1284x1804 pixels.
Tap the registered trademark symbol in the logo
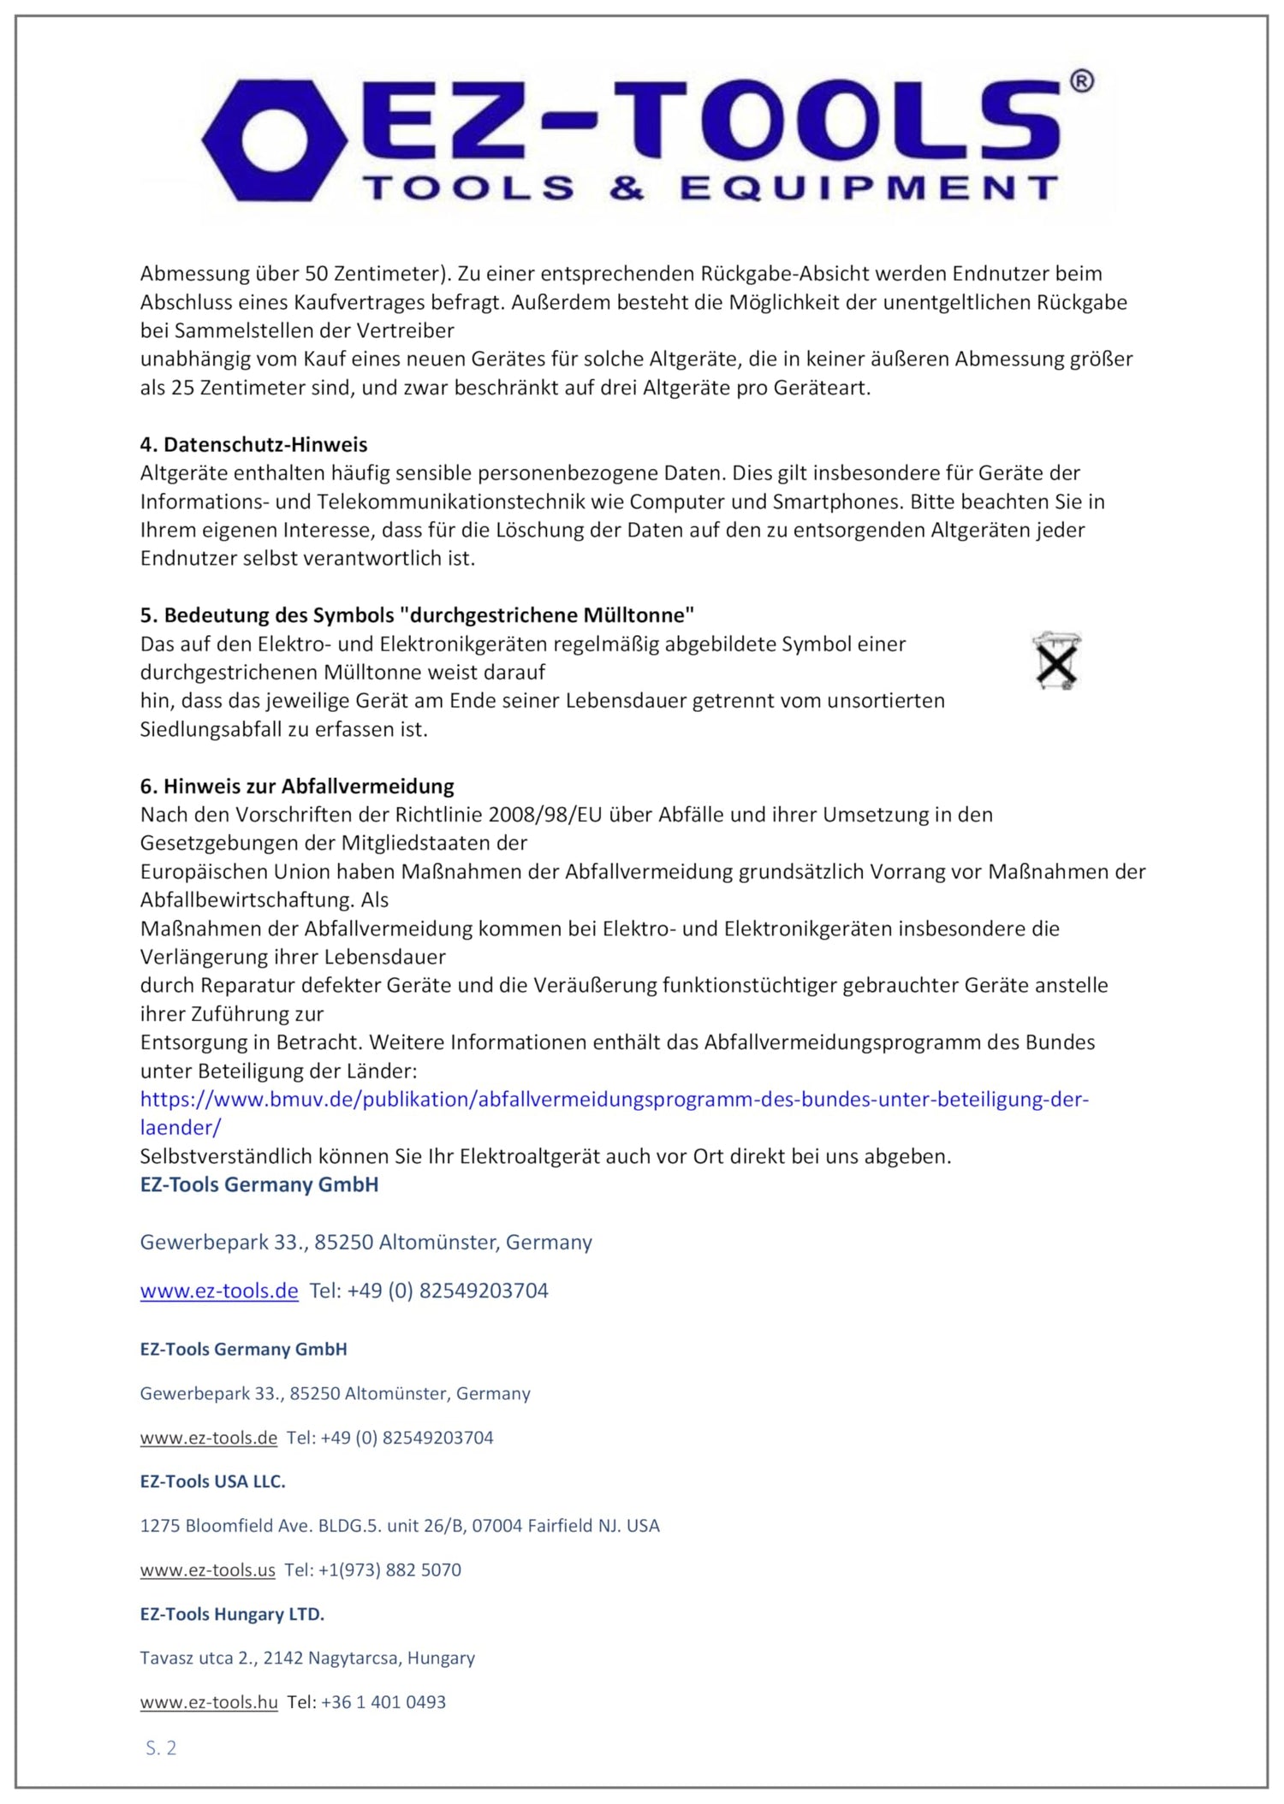[x=1081, y=81]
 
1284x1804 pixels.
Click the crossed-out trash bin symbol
[x=1057, y=662]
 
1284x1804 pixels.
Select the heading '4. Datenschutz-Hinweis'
[x=253, y=444]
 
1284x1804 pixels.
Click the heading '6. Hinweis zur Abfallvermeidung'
[x=297, y=786]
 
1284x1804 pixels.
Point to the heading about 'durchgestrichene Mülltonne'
[x=417, y=614]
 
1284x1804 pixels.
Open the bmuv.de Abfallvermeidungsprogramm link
[x=614, y=1099]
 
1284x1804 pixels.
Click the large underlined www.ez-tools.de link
[x=219, y=1291]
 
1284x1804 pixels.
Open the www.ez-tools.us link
[x=208, y=1570]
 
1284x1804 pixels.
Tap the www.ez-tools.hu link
[x=209, y=1702]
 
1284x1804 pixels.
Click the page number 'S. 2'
[x=161, y=1748]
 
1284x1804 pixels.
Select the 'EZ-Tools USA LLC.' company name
[x=213, y=1481]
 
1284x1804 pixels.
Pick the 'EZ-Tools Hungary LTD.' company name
[x=232, y=1614]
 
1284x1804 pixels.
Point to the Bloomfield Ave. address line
[x=400, y=1525]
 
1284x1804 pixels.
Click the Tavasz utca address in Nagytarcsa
[x=307, y=1658]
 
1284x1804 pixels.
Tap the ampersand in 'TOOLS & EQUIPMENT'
[x=627, y=188]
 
